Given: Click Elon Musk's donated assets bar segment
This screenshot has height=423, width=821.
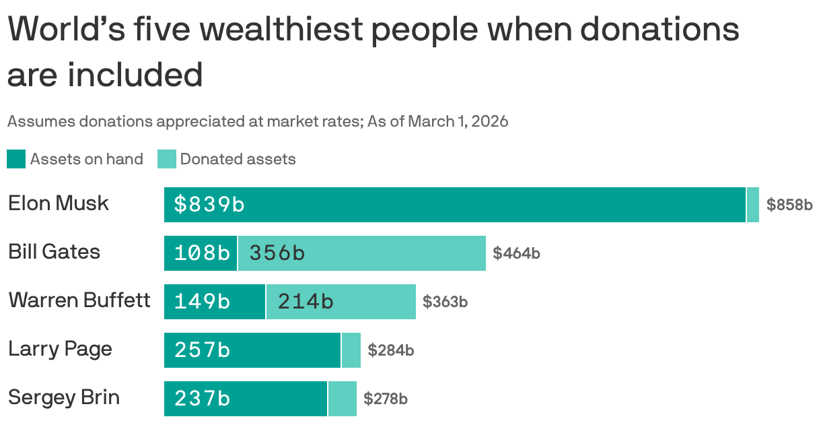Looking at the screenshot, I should pyautogui.click(x=753, y=204).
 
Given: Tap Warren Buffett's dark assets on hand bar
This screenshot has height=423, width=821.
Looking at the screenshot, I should pyautogui.click(x=214, y=301).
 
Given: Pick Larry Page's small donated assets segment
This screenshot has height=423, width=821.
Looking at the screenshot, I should pyautogui.click(x=351, y=350).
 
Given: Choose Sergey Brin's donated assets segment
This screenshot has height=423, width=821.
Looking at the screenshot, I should pyautogui.click(x=342, y=398).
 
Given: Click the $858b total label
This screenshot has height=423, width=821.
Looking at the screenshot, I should pyautogui.click(x=789, y=205).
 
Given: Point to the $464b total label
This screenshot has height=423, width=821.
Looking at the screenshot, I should pyautogui.click(x=516, y=253).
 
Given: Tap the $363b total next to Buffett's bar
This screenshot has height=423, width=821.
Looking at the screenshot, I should pyautogui.click(x=445, y=302).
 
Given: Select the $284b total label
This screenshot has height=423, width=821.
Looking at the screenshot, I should pyautogui.click(x=390, y=350).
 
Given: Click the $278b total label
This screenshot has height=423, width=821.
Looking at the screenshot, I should pyautogui.click(x=386, y=399).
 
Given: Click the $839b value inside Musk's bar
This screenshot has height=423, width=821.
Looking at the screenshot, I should pyautogui.click(x=209, y=204).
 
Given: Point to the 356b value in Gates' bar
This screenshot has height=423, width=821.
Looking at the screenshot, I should pyautogui.click(x=277, y=253).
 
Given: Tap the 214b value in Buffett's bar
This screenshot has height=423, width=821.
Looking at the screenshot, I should pyautogui.click(x=306, y=301).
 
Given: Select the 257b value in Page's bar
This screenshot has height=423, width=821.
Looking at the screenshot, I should pyautogui.click(x=202, y=350).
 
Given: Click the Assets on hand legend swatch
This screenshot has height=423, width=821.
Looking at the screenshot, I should pyautogui.click(x=16, y=159).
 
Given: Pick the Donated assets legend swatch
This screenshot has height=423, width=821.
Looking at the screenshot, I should pyautogui.click(x=166, y=159).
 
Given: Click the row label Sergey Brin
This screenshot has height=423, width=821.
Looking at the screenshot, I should pyautogui.click(x=64, y=397).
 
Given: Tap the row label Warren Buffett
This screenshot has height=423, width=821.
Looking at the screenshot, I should pyautogui.click(x=79, y=300).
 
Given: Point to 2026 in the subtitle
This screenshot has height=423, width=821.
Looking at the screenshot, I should pyautogui.click(x=489, y=121).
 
